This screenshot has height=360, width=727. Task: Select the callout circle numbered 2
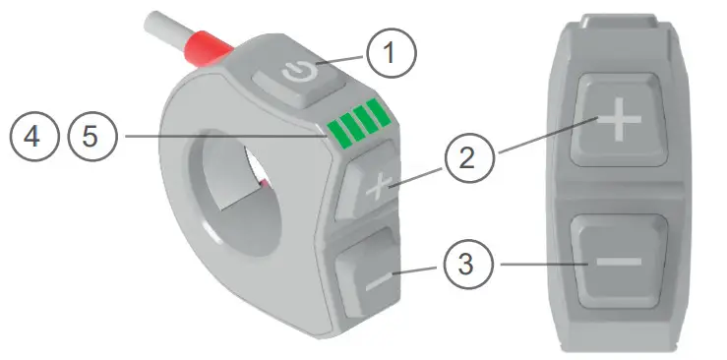(468, 158)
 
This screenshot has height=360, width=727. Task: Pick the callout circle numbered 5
(90, 136)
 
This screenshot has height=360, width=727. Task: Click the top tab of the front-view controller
(619, 20)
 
